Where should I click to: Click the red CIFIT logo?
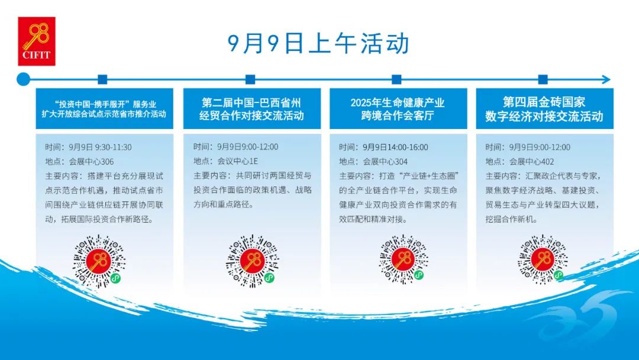coord(37,41)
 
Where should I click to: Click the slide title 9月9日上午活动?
coord(318,44)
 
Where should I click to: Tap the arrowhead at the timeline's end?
coord(606,79)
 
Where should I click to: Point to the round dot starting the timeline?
coord(23,79)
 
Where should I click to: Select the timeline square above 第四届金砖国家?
coord(543,79)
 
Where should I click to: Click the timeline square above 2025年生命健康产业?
coord(396,79)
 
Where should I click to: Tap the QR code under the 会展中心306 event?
coord(99,261)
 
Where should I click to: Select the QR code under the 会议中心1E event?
coord(252,261)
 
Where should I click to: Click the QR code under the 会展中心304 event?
coord(403,259)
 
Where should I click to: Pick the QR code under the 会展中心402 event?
coord(543,259)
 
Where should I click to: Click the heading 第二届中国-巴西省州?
coord(251,102)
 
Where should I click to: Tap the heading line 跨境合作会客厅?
coord(398,116)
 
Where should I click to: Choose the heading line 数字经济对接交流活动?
coord(544,116)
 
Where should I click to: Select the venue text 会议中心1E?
coord(238,162)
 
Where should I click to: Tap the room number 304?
coord(401,162)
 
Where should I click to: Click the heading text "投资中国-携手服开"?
coord(91,104)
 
